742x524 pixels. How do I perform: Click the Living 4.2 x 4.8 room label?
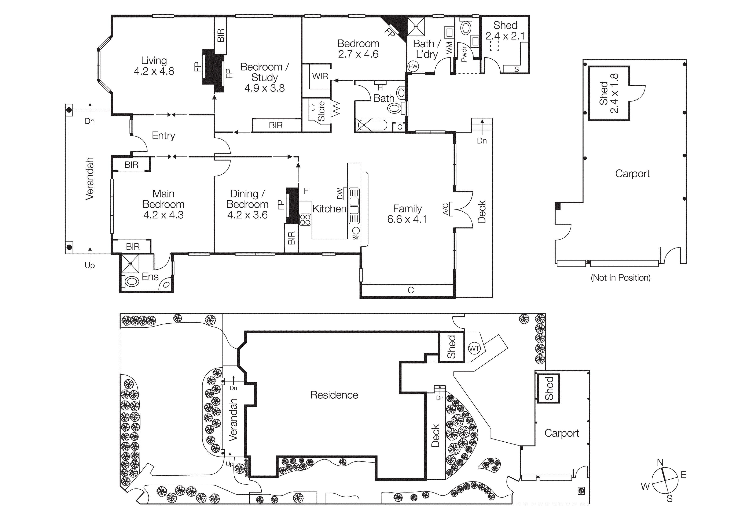[154, 66]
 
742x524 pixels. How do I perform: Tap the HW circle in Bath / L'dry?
[413, 67]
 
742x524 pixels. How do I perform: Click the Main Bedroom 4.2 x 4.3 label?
[164, 204]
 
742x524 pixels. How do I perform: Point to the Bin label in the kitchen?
[356, 238]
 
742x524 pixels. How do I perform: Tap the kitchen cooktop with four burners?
[305, 220]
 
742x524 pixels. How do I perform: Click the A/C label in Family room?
[446, 209]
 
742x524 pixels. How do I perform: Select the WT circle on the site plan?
[474, 349]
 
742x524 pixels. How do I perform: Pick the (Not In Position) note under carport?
[621, 278]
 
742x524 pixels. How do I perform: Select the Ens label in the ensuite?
[150, 277]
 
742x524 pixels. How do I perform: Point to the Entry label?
[164, 136]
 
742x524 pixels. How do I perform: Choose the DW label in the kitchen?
[340, 194]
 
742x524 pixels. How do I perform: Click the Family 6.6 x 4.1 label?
[407, 214]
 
